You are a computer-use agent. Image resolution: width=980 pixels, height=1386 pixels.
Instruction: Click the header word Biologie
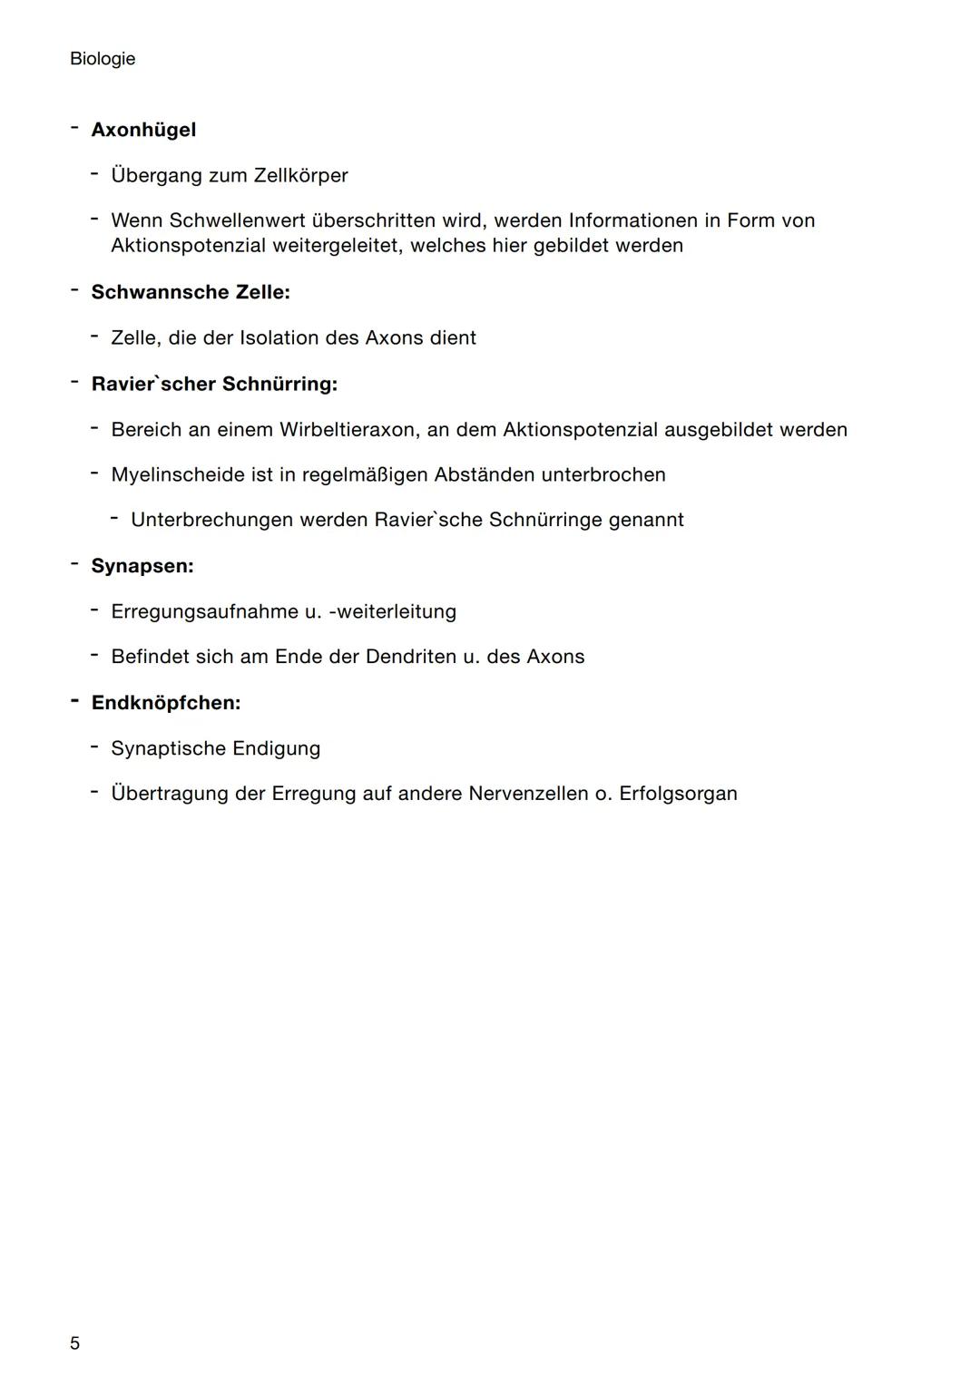[x=103, y=59]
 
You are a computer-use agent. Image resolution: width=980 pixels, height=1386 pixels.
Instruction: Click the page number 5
[x=74, y=1342]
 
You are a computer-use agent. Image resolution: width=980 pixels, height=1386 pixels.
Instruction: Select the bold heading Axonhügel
[x=143, y=130]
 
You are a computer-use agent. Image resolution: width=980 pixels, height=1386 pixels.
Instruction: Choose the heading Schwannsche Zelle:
[x=191, y=292]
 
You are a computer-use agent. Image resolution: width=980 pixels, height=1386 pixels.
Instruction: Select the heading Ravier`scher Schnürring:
[x=214, y=384]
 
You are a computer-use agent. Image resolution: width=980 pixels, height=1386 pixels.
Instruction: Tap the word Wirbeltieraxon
[x=347, y=429]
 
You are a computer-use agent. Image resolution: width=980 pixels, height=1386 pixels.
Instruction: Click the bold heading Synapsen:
[x=142, y=566]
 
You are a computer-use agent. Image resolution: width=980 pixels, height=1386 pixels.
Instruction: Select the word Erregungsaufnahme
[x=204, y=611]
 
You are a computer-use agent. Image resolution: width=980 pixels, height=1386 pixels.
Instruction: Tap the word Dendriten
[x=411, y=657]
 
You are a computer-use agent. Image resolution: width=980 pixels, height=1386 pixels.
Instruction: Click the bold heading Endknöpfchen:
[x=166, y=703]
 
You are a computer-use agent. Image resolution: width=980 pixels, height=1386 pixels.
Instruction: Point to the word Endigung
[x=276, y=748]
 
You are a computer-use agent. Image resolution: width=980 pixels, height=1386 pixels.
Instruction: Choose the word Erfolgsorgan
[x=678, y=794]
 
